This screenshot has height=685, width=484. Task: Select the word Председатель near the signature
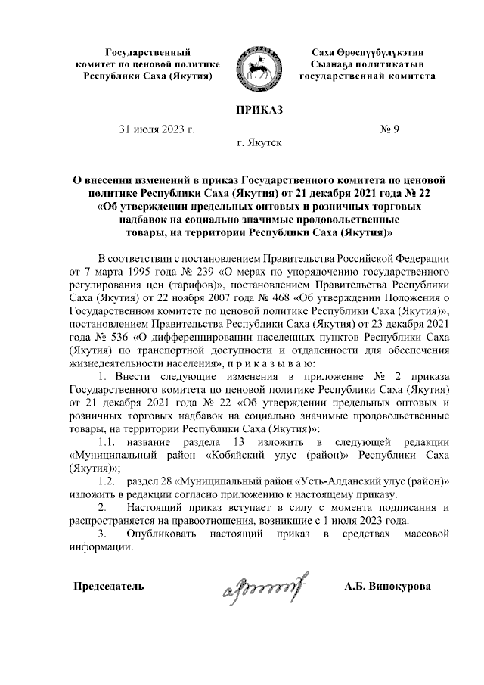(x=107, y=586)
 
